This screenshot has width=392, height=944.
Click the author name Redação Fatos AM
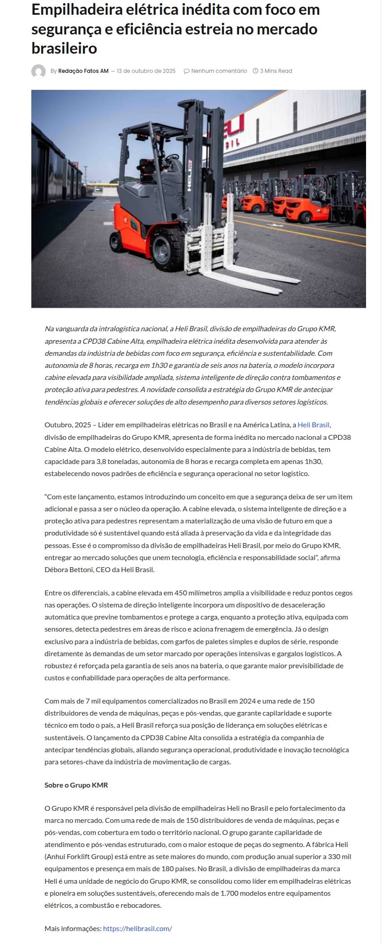(x=83, y=71)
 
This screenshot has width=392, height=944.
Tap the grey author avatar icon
(x=38, y=71)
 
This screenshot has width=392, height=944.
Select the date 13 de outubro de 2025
(x=146, y=71)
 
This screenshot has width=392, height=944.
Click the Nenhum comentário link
(x=215, y=71)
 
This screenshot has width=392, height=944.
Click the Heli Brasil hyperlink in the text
(x=313, y=425)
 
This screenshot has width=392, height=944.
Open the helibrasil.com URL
(x=137, y=928)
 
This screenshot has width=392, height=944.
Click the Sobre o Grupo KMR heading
(x=76, y=785)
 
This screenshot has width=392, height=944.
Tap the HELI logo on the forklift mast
(x=190, y=175)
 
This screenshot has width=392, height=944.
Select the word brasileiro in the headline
(x=64, y=48)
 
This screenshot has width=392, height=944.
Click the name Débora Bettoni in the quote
(x=67, y=570)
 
